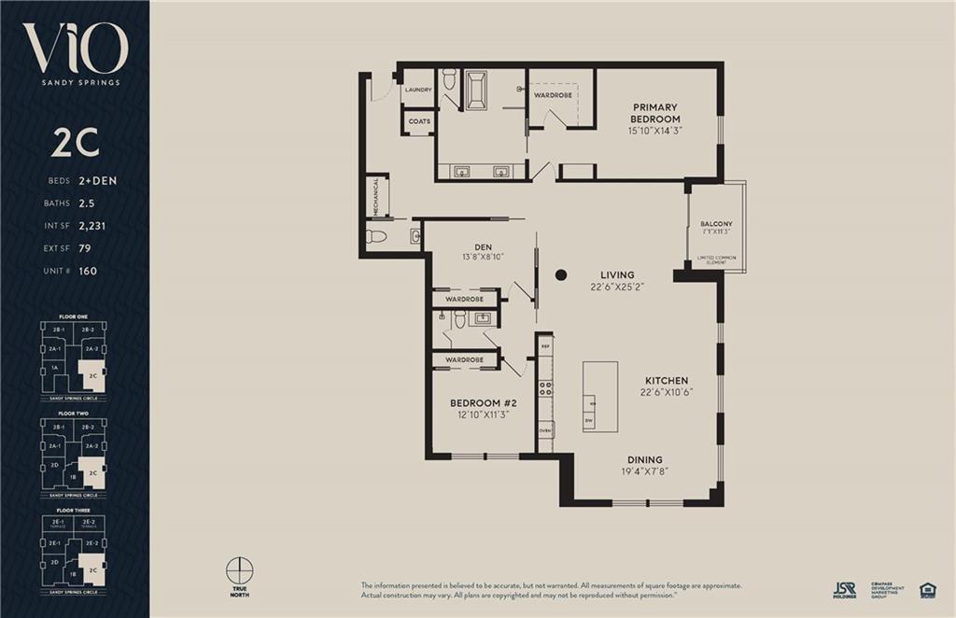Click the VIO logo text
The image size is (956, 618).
point(75,49)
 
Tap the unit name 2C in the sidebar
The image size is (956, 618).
point(75,142)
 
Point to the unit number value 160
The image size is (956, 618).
point(88,271)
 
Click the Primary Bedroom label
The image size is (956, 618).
point(654,113)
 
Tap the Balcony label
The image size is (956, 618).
point(716,224)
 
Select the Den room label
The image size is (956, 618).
point(483,247)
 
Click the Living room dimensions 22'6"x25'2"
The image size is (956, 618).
point(617,288)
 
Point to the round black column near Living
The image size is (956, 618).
point(561,274)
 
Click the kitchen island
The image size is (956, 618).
point(600,396)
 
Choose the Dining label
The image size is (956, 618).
point(645,459)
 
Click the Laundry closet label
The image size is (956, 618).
point(418,90)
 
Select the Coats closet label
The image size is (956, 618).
point(419,121)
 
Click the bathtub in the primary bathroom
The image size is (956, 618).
point(476,90)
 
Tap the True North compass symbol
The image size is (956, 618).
point(240,569)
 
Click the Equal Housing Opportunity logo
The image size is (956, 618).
point(927,589)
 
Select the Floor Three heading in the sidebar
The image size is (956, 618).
point(74,511)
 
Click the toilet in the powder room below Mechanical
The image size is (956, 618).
point(376,236)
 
